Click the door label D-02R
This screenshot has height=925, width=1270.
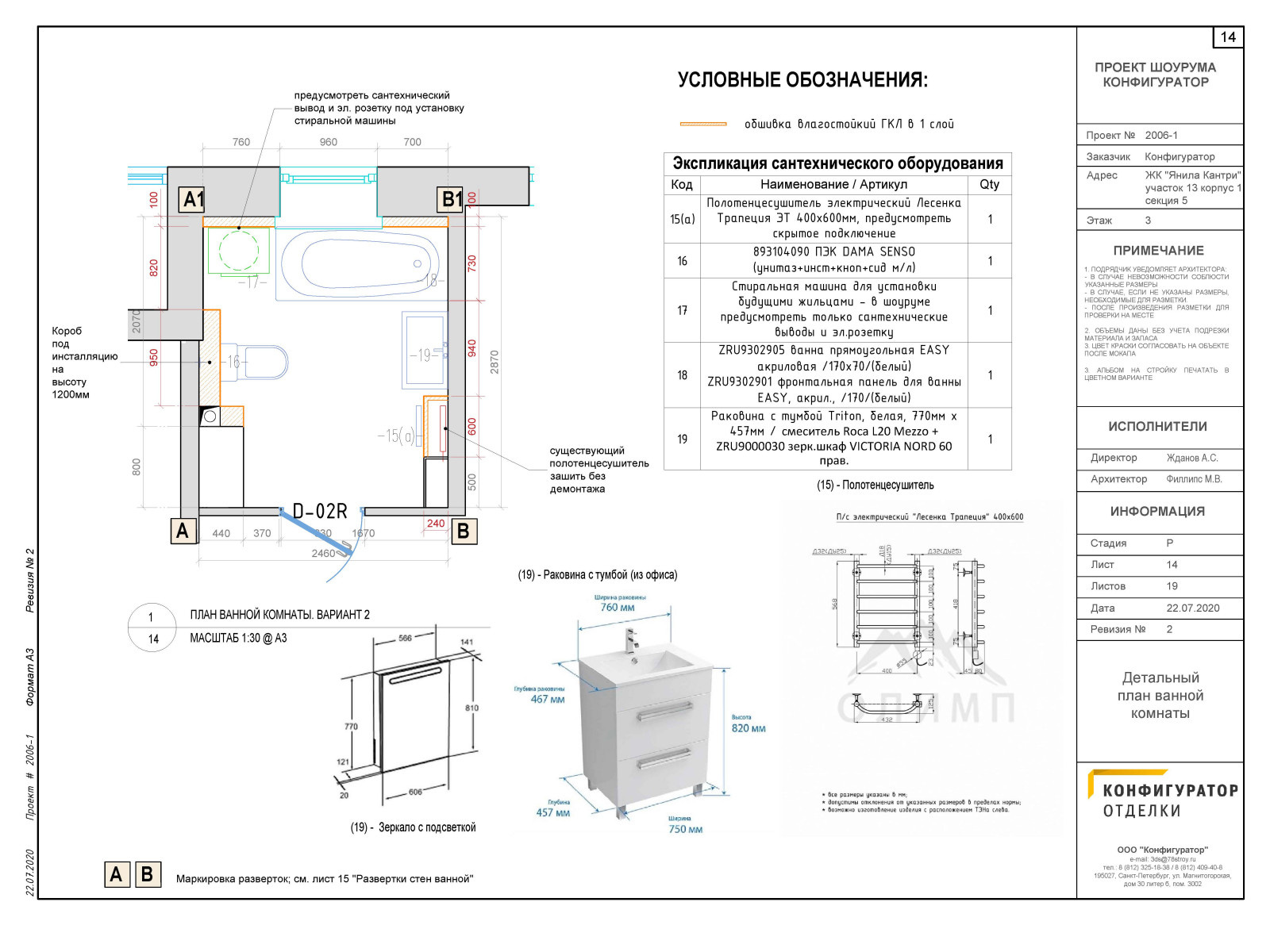tap(320, 512)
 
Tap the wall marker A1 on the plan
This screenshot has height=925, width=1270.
tap(193, 199)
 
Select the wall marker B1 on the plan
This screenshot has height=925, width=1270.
tap(452, 199)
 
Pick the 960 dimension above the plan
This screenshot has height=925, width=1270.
tap(328, 142)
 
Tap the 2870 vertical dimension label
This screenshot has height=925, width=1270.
tap(495, 362)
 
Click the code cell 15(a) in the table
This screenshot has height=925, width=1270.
tap(682, 219)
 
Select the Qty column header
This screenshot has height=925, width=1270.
tap(989, 184)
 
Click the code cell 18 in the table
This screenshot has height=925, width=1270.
tap(682, 374)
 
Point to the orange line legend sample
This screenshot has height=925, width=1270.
tap(703, 124)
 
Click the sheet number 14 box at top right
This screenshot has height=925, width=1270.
tap(1228, 37)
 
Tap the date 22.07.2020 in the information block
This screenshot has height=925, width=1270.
tap(1192, 608)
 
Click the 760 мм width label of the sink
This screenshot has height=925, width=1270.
tap(617, 607)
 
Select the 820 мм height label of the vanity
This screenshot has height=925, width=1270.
tap(749, 727)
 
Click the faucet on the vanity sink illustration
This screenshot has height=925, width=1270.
tap(632, 639)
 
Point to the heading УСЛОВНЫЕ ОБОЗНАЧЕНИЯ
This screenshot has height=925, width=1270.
tap(802, 80)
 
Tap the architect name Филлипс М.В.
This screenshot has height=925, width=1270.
tap(1194, 479)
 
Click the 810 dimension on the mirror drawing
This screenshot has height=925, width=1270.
tap(471, 708)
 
